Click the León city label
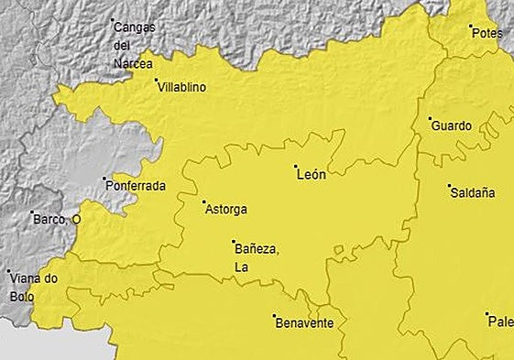tap(312, 175)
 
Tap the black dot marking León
tap(295, 167)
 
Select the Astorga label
tap(226, 209)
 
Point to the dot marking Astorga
tap(203, 202)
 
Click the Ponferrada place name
tap(137, 186)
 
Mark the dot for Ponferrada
tap(104, 179)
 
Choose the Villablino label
tap(181, 87)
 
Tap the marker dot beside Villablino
tap(156, 81)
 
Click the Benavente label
tap(305, 323)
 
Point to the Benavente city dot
tap(274, 316)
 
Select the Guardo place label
tap(451, 125)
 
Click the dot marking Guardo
tap(430, 118)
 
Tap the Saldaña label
tap(473, 193)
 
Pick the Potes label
tap(487, 33)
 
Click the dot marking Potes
tap(471, 26)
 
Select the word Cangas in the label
tap(135, 27)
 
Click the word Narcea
tap(133, 63)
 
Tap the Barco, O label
tap(57, 220)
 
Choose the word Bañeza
tap(256, 249)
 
